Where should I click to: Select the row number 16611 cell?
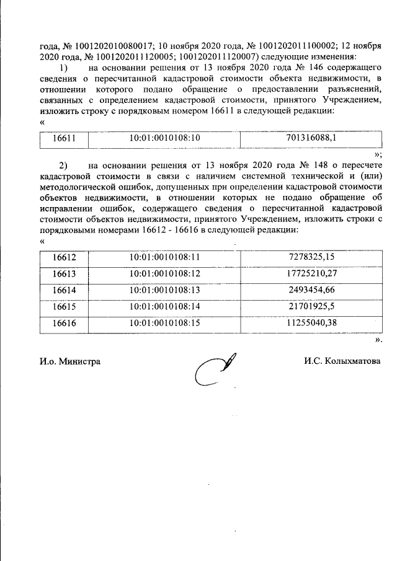click(64, 139)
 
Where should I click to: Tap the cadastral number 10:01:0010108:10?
click(164, 139)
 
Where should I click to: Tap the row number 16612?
click(64, 257)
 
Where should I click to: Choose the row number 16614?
click(64, 289)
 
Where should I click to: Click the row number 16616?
click(64, 322)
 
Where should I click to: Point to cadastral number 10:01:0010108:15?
click(164, 322)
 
